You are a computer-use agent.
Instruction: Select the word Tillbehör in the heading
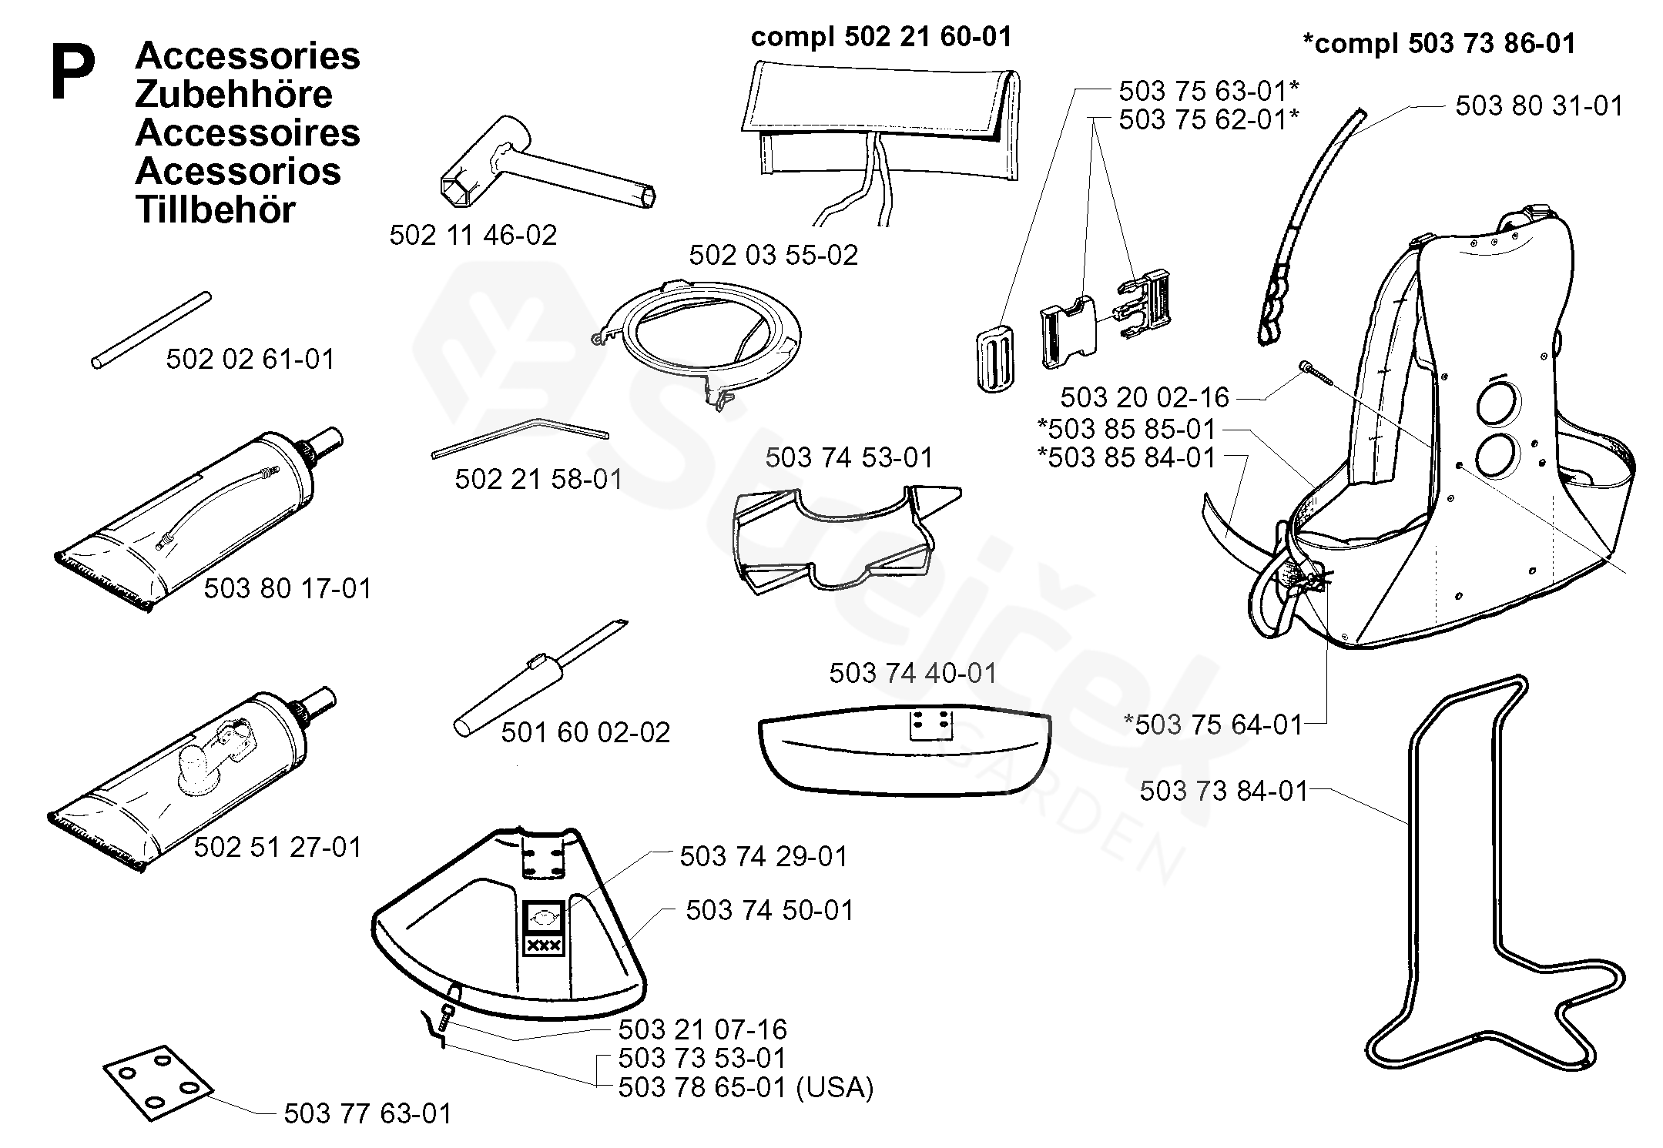[x=215, y=210]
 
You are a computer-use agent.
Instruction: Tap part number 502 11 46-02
[x=473, y=235]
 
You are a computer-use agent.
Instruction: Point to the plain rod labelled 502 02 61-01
[x=151, y=330]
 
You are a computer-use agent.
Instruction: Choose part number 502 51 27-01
[x=277, y=847]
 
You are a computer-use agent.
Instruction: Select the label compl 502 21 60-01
[x=881, y=36]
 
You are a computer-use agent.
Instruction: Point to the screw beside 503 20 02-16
[x=1319, y=373]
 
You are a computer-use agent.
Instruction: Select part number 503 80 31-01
[x=1539, y=105]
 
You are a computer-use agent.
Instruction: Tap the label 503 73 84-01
[x=1224, y=790]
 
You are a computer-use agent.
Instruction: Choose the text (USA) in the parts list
[x=835, y=1087]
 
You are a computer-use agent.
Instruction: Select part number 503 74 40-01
[x=913, y=673]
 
